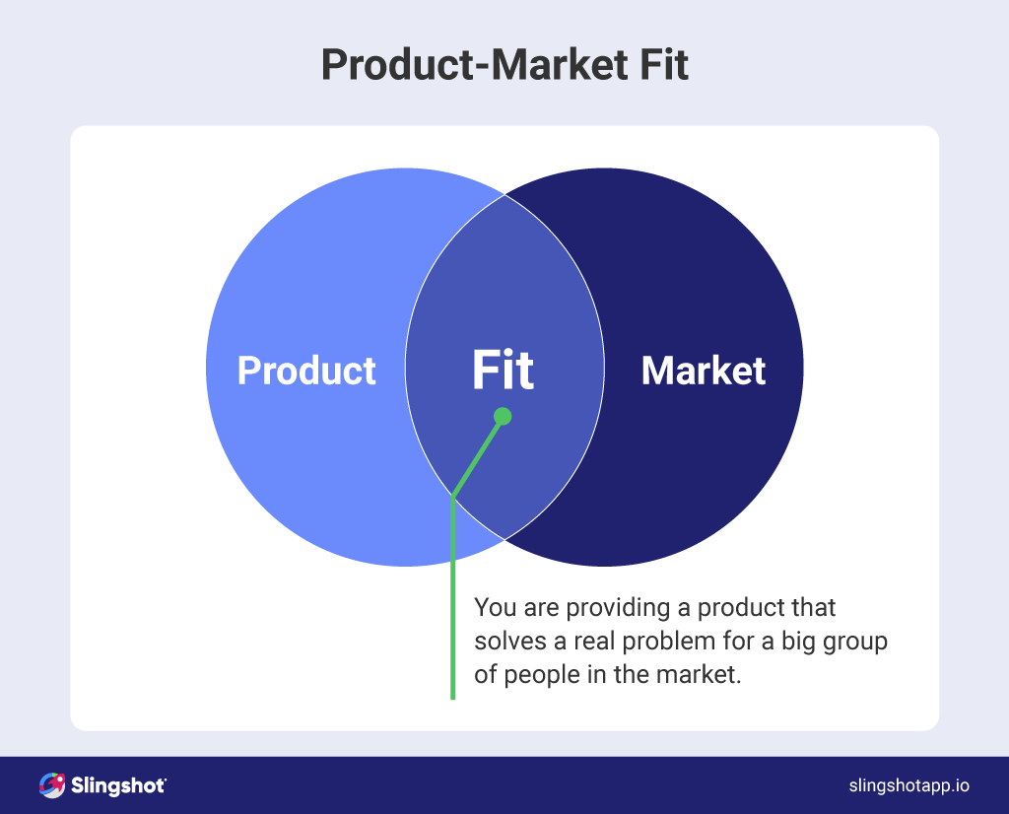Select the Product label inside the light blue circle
(x=306, y=371)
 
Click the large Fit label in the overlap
(x=503, y=371)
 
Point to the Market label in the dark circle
(x=703, y=371)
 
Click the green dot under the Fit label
(x=503, y=417)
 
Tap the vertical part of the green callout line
(x=452, y=601)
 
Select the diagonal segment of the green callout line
(x=477, y=456)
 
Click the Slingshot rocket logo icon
(x=51, y=785)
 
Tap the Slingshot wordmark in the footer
(x=118, y=785)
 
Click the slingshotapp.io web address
(x=908, y=785)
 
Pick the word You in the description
(x=493, y=607)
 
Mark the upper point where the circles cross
(x=504, y=195)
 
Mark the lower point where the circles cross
(x=504, y=539)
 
